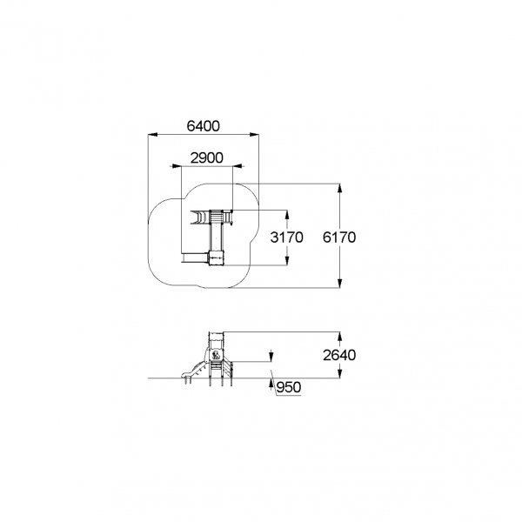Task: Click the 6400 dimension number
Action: tap(203, 126)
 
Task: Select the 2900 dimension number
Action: tap(206, 158)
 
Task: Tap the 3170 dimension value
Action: tap(286, 238)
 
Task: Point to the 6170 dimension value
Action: tap(339, 238)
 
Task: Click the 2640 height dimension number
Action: tap(339, 355)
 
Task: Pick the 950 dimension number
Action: tap(289, 387)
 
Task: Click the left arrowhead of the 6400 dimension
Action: tap(152, 135)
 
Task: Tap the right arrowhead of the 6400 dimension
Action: tap(254, 135)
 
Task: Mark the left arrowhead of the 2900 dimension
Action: tap(176, 166)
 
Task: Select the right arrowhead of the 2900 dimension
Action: tap(238, 166)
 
